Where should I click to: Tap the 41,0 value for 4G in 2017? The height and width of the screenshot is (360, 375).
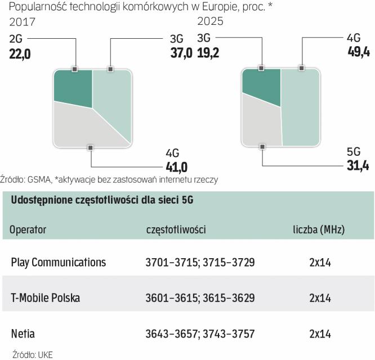point(176,166)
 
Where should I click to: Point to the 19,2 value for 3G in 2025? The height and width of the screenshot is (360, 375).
point(209,54)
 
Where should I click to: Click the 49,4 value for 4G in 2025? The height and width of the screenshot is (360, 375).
point(359,54)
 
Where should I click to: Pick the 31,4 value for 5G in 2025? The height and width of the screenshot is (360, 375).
point(359,166)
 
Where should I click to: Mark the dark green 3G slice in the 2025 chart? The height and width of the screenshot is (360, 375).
point(260,87)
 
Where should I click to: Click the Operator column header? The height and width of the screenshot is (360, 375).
point(28,229)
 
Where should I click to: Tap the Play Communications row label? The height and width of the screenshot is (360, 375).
point(58,262)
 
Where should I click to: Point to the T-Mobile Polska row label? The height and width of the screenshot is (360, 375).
point(46,298)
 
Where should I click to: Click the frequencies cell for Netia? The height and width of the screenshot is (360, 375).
point(200,333)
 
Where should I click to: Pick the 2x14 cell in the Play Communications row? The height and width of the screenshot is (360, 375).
point(319,262)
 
